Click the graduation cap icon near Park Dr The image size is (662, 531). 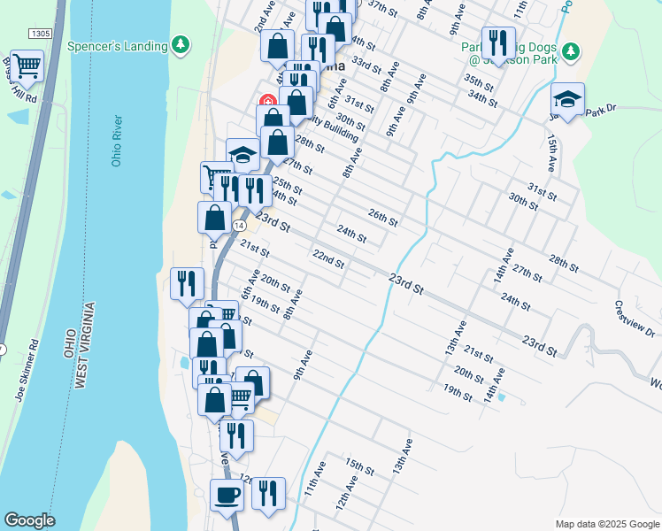click(x=567, y=99)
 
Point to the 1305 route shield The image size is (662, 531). click(x=40, y=33)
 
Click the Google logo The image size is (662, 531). click(x=29, y=520)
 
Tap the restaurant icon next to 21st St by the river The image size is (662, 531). click(x=187, y=283)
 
